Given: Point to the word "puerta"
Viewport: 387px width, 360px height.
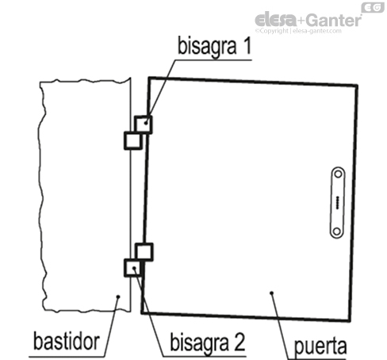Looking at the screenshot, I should coord(320,345).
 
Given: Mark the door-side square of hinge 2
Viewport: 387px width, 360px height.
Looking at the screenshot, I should coord(144,252).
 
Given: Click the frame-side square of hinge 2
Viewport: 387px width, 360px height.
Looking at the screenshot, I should coord(132,267).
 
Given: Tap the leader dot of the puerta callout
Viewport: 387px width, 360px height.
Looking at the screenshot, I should coord(272,293).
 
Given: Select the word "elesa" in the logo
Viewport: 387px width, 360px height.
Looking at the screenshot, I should coord(274,19).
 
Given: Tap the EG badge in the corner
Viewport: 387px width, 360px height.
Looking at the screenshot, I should coord(372,7).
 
